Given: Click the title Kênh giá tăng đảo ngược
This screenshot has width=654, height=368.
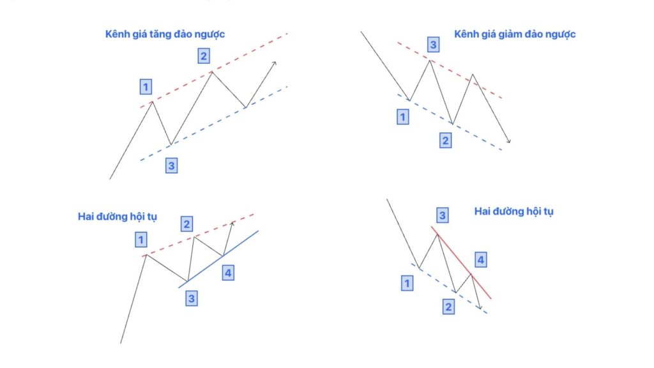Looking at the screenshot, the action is tap(165, 34).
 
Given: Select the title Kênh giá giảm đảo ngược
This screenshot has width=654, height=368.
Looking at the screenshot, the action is tap(515, 34).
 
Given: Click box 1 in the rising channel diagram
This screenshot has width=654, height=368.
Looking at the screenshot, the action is tap(146, 87).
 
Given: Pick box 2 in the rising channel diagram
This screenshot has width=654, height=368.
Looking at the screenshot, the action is tap(204, 56).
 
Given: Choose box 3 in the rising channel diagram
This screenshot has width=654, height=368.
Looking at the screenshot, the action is tap(171, 165).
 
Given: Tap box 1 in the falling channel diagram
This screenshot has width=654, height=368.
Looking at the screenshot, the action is tap(403, 117).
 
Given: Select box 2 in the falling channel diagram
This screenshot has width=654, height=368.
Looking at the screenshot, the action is tap(445, 140).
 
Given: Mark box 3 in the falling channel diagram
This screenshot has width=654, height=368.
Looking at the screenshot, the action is tap(434, 44).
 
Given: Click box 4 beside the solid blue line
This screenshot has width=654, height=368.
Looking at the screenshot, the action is tap(228, 273).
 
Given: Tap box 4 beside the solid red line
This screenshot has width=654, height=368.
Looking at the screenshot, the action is tap(481, 260).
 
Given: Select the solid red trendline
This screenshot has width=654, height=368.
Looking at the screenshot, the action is tap(461, 263).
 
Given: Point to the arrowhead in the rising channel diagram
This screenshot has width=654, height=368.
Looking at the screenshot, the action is tap(273, 64).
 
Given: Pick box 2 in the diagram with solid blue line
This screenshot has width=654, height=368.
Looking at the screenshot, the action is tap(187, 224).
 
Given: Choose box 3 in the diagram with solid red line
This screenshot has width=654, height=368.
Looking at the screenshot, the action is tap(443, 215).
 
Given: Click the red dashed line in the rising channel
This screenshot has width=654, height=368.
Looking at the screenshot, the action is tap(214, 70).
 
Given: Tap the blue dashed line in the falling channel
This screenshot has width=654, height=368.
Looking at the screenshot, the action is tap(450, 122).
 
